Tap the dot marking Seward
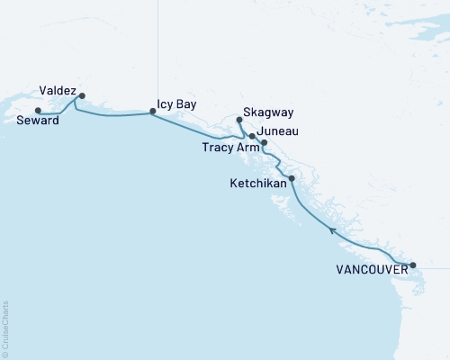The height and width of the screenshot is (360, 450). [38, 111]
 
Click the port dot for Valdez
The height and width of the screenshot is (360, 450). [82, 95]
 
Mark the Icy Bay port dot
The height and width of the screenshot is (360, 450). [152, 112]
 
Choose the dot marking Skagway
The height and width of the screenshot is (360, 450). [238, 120]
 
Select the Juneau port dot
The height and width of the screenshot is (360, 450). [253, 136]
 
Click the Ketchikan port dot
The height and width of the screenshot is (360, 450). [291, 178]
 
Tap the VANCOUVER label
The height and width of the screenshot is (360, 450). [370, 269]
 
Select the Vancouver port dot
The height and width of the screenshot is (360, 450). [413, 265]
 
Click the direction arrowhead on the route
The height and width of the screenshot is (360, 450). [332, 231]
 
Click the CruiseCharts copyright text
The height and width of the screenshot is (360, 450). [5, 328]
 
